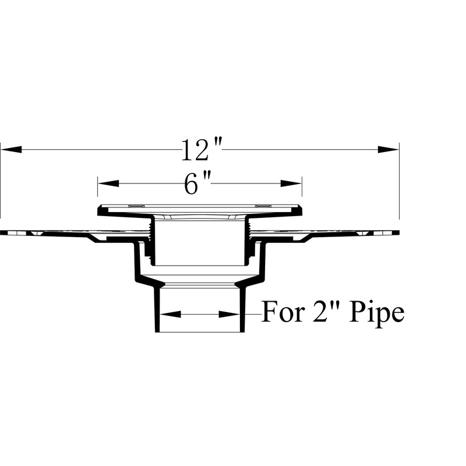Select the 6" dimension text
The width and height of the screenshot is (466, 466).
tap(197, 184)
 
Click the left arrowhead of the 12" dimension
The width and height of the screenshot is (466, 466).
tap(12, 150)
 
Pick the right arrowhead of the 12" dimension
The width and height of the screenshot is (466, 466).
tap(388, 150)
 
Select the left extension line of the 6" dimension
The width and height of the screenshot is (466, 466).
tap(98, 189)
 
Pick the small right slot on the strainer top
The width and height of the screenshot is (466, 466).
tap(263, 206)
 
